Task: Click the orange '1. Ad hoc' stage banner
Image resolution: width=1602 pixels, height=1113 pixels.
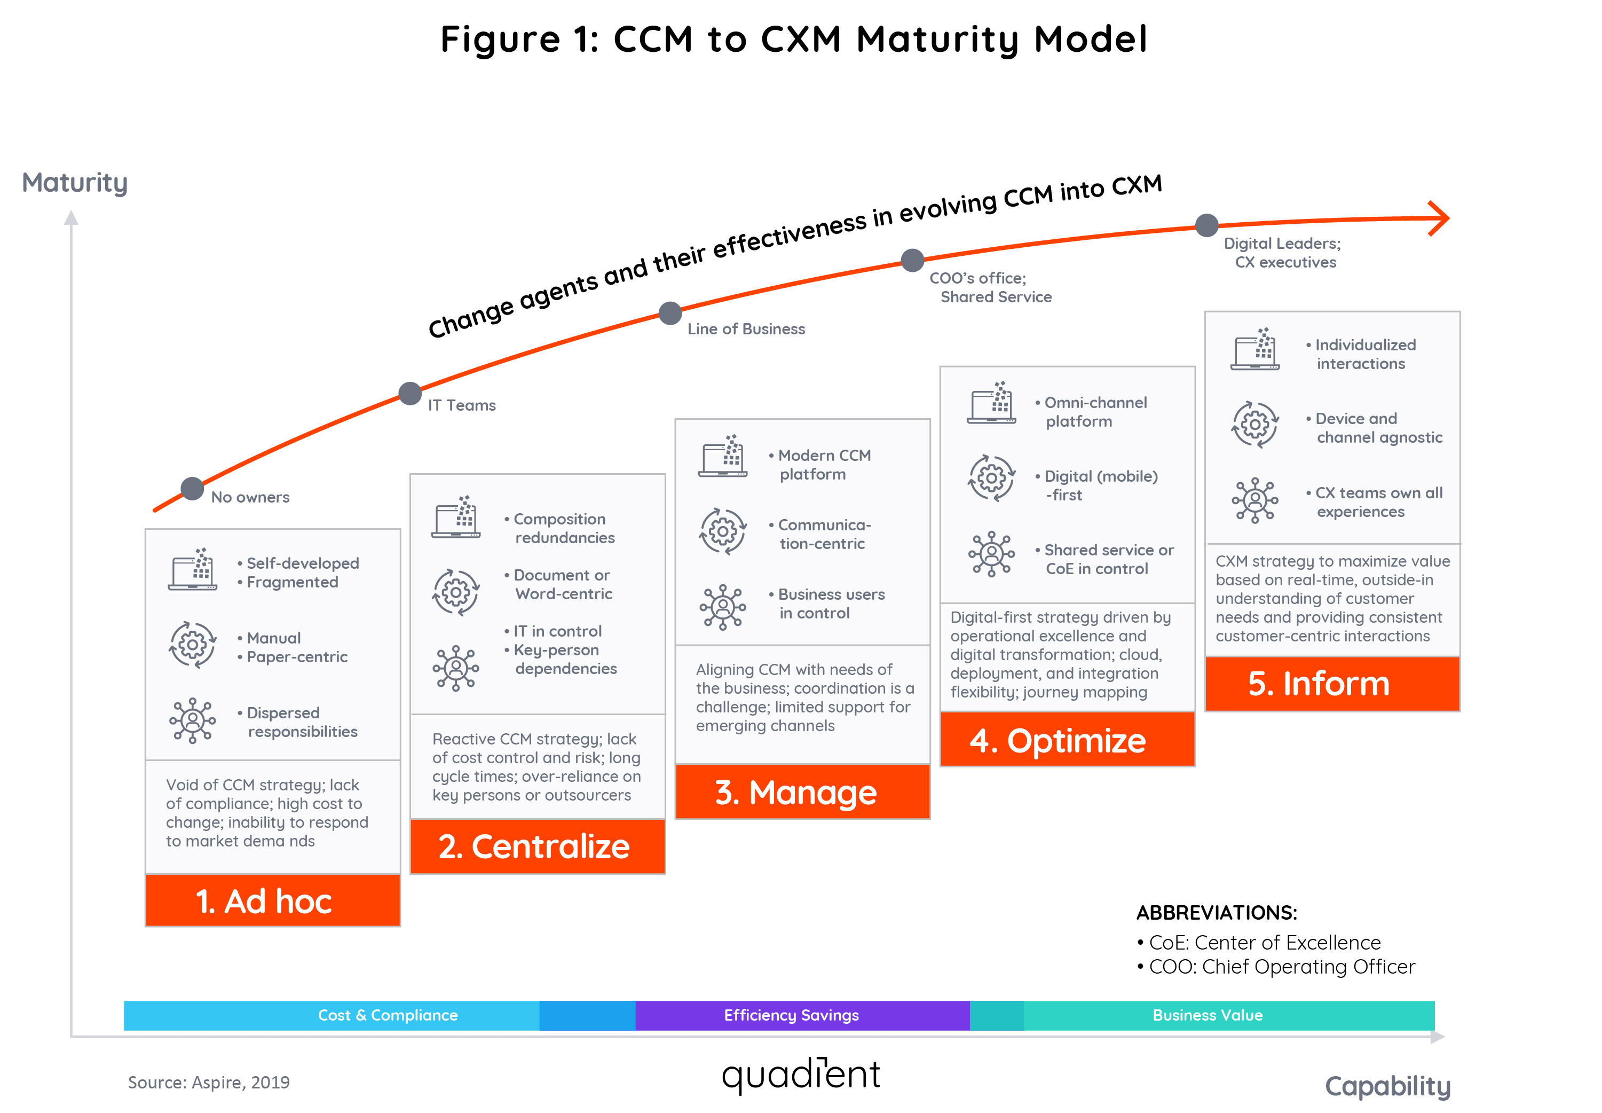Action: click(x=272, y=900)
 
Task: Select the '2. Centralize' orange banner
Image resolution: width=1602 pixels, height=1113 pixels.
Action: click(x=537, y=846)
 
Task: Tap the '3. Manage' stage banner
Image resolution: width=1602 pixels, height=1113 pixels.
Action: click(x=802, y=792)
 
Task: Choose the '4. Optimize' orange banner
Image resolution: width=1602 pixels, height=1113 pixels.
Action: click(x=1067, y=740)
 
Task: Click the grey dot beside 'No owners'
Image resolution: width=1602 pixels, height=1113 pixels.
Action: click(x=192, y=488)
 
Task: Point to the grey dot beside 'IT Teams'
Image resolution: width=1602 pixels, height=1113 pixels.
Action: click(x=410, y=393)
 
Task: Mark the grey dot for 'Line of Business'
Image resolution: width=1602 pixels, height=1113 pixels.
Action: click(x=670, y=313)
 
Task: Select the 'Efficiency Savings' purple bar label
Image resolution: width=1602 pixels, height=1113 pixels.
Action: click(x=791, y=1015)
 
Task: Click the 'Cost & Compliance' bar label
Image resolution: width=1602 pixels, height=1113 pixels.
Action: click(x=388, y=1015)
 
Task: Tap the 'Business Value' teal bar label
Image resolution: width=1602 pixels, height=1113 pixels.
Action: click(x=1207, y=1015)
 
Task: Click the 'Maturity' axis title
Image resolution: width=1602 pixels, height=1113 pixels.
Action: click(x=75, y=183)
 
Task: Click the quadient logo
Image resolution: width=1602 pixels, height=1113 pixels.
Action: click(x=800, y=1074)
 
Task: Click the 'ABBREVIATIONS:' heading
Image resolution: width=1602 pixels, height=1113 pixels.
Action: click(x=1216, y=912)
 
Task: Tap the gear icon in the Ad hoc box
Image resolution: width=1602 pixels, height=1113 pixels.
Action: click(x=192, y=645)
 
